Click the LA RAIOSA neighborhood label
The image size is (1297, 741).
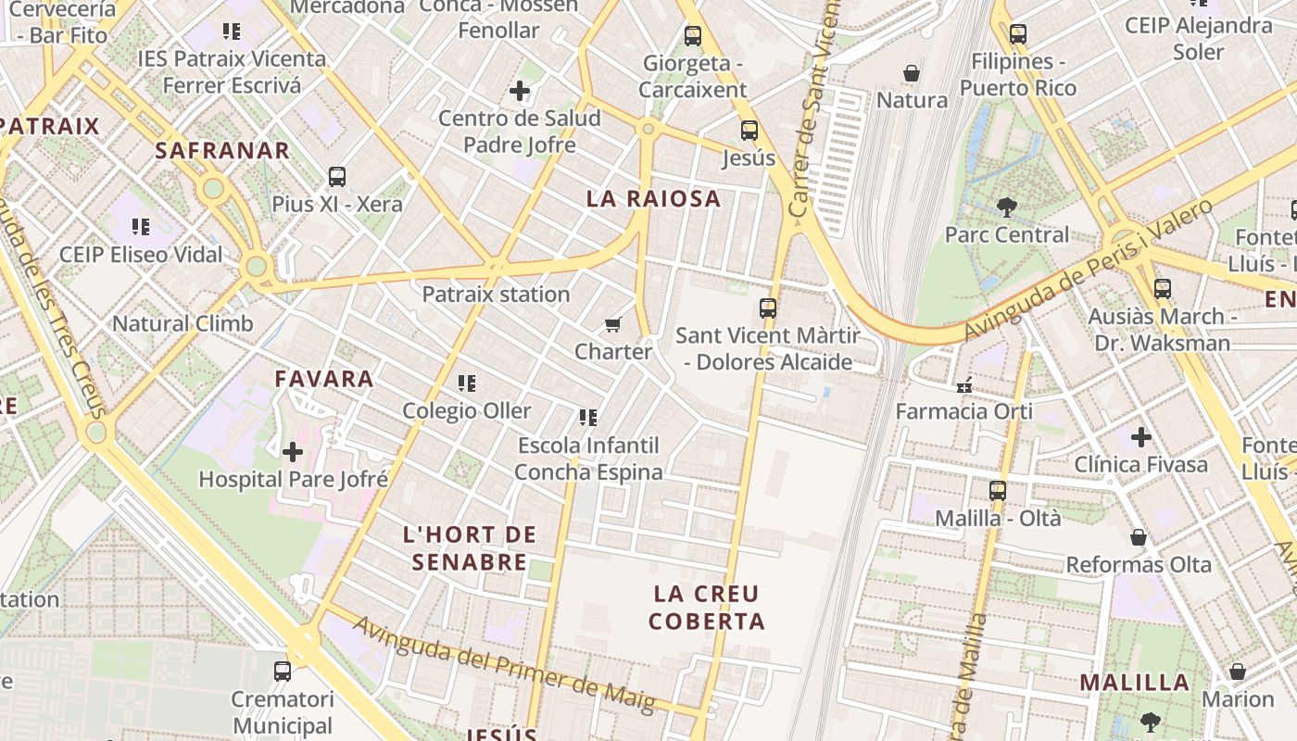point(653,198)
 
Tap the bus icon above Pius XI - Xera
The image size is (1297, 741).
point(337,177)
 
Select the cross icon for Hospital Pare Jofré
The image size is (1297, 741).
point(293,452)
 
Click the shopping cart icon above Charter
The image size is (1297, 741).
point(612,324)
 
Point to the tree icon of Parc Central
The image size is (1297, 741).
point(1006,207)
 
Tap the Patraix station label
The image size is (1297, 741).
point(496,295)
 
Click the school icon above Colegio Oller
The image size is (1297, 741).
point(467,383)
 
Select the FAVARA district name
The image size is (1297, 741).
point(324,378)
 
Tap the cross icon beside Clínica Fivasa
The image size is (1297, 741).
point(1140,436)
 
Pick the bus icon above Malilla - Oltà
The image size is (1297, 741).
point(998,491)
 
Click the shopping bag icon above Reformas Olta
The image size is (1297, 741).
point(1139,537)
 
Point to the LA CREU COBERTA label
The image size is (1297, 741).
point(706,608)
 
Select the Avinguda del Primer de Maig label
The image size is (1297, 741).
point(504,663)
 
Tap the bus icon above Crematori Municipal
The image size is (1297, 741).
point(283,672)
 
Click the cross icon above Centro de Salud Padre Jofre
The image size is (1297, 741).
point(520,91)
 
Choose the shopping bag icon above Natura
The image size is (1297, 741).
point(912,72)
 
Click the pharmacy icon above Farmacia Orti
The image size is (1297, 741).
point(964,384)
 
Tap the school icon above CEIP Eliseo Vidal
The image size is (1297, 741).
point(141,227)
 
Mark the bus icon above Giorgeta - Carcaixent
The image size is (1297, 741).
point(693,36)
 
